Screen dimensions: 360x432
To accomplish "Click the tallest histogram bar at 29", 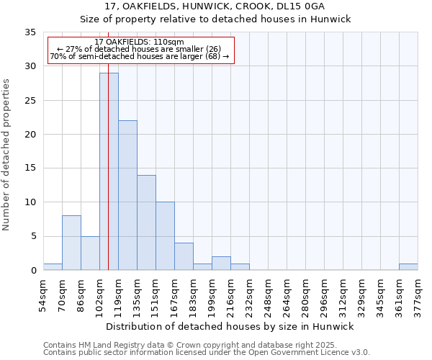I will pyautogui.click(x=109, y=171).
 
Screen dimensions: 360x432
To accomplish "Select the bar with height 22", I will pyautogui.click(x=127, y=195).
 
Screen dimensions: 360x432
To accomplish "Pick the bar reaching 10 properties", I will pyautogui.click(x=165, y=236).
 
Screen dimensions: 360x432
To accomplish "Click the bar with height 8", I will pyautogui.click(x=71, y=243).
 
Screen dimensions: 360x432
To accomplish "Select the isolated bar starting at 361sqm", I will pyautogui.click(x=408, y=267).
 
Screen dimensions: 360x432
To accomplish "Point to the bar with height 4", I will pyautogui.click(x=184, y=256).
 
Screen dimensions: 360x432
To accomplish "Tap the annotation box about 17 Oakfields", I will pyautogui.click(x=141, y=50).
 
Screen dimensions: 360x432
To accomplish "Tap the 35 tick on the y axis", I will pyautogui.click(x=30, y=32).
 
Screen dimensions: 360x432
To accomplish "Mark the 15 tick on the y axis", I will pyautogui.click(x=30, y=168).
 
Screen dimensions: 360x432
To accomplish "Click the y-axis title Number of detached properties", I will pyautogui.click(x=6, y=155).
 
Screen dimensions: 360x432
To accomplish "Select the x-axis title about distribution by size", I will pyautogui.click(x=230, y=327).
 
